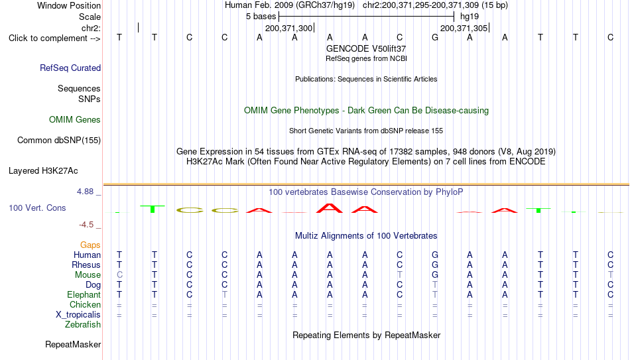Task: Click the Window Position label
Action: (69, 5)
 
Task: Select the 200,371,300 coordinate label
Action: (288, 28)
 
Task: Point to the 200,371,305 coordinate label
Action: (464, 28)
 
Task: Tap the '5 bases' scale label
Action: (261, 17)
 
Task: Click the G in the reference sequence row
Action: (435, 37)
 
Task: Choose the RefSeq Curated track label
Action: (70, 68)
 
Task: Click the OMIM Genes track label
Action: (75, 120)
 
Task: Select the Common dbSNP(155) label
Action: (59, 141)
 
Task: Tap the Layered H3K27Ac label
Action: (43, 171)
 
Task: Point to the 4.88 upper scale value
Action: (85, 192)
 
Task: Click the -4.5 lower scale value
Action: (86, 225)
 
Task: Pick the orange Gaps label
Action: (90, 245)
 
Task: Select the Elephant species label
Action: (84, 295)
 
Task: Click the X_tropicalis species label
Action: (78, 315)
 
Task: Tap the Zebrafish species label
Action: (83, 325)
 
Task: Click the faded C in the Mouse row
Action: (119, 275)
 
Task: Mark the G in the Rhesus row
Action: (435, 265)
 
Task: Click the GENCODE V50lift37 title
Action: (366, 48)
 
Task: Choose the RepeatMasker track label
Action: (73, 344)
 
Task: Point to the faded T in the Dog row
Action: (435, 285)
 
